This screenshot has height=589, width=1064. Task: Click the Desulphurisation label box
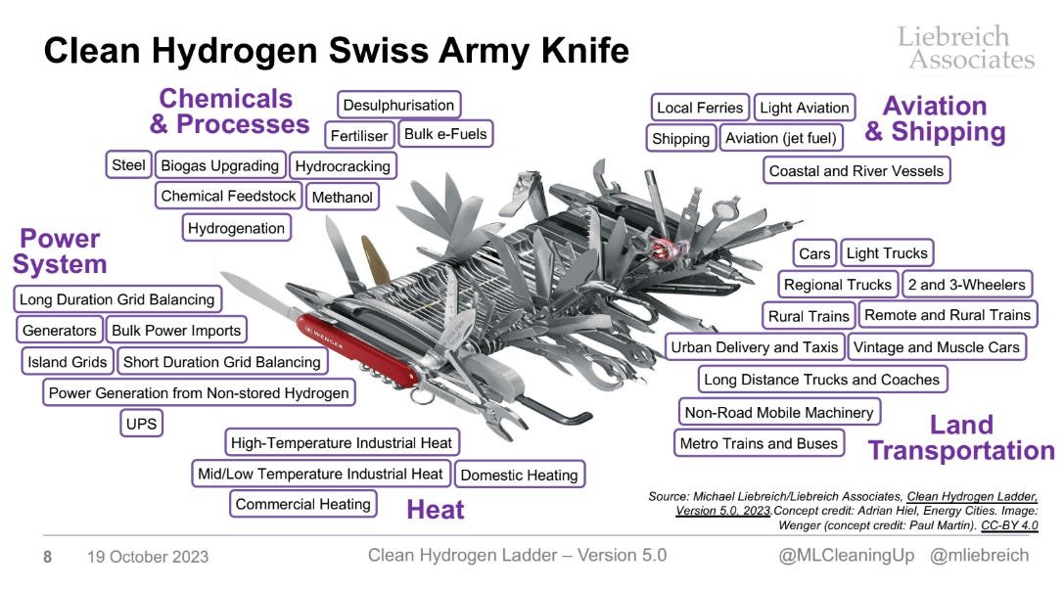point(399,105)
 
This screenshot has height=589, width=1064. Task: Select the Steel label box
point(128,165)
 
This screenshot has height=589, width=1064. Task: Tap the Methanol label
point(343,198)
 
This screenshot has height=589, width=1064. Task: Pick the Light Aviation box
point(804,108)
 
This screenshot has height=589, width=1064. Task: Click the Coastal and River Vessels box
point(856,171)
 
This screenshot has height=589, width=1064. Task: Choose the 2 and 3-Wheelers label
point(965,285)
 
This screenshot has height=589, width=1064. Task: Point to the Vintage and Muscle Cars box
point(936,347)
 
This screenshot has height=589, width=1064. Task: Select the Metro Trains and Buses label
point(759,443)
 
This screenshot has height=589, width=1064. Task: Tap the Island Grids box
point(68,362)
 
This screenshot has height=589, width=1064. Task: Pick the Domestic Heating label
point(519,476)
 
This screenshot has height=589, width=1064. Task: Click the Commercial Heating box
point(303,505)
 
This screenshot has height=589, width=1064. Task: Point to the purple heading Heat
point(435,510)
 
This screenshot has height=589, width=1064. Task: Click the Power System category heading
point(60,251)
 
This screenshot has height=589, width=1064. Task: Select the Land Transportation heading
point(960,437)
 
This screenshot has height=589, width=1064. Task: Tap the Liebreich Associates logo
point(965,47)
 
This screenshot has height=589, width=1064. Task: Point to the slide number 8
point(47,557)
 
